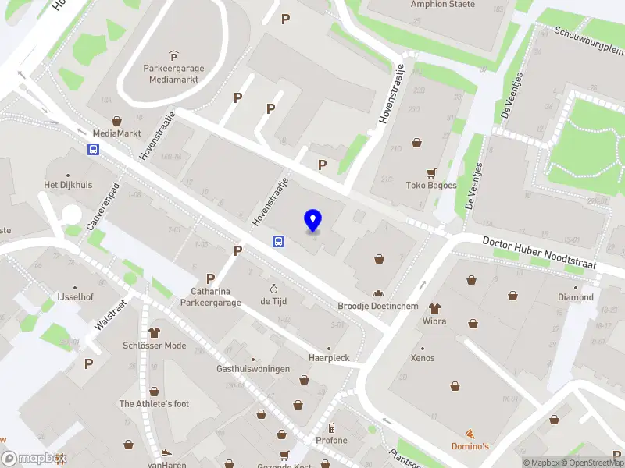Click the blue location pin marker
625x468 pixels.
[313, 220]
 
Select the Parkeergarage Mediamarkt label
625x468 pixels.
[173, 73]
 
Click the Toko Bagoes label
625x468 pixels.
[430, 185]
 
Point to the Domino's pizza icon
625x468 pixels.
[470, 434]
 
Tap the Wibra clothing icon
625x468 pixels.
[434, 307]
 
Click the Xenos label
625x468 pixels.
[423, 357]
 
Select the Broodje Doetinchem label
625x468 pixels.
[378, 306]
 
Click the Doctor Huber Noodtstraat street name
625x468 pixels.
[539, 253]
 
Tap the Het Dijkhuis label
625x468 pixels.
[67, 185]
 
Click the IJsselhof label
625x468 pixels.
[75, 297]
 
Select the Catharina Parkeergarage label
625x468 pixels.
[210, 297]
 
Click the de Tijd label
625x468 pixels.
[274, 301]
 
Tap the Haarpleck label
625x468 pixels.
[328, 357]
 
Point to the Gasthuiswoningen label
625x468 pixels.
[253, 368]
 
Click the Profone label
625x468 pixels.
[331, 440]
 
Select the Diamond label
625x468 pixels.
[575, 297]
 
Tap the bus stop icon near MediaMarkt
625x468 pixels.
[94, 150]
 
